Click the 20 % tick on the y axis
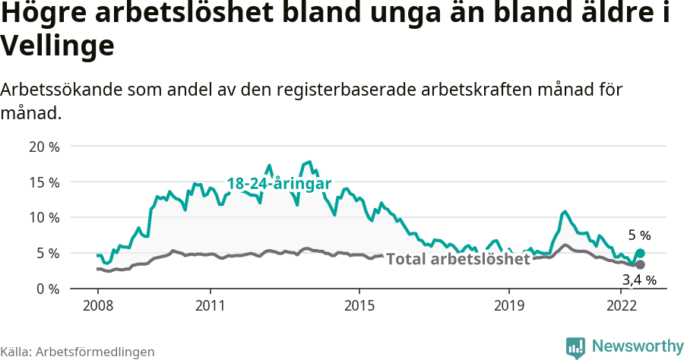[x=43, y=147]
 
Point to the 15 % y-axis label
[x=43, y=182]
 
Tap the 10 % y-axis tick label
[x=43, y=217]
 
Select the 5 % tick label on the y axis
[x=47, y=253]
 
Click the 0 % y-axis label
[x=47, y=289]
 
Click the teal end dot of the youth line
[x=640, y=253]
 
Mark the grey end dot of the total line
[x=640, y=264]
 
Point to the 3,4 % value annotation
[x=639, y=280]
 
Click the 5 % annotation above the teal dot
[x=639, y=235]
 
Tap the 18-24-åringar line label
[x=279, y=184]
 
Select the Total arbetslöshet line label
[x=458, y=259]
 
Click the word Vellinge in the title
[x=58, y=46]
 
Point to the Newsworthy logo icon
[x=576, y=347]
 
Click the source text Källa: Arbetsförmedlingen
[x=78, y=352]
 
